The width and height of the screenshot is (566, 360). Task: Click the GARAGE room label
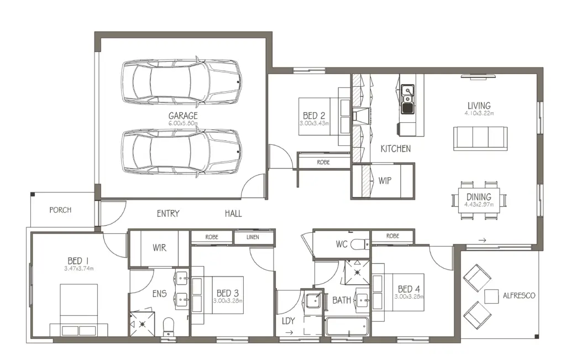183,116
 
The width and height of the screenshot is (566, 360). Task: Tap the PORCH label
60,210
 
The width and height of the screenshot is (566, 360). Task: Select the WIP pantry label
385,180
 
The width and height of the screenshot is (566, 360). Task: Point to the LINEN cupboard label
253,237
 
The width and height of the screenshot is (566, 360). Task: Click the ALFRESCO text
519,296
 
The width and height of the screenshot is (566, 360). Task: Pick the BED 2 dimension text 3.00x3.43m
314,123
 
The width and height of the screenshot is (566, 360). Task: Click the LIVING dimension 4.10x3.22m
479,113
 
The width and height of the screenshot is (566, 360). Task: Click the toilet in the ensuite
169,326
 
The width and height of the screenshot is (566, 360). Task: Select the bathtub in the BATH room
347,326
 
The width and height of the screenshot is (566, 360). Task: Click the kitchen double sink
407,99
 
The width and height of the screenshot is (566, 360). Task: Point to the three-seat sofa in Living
480,138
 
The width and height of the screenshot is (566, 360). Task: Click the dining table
479,200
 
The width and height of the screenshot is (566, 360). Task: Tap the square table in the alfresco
491,296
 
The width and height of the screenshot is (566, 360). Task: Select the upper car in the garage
181,82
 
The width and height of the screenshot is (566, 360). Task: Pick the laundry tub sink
313,300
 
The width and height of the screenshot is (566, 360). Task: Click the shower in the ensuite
142,324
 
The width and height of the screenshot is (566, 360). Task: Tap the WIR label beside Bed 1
159,248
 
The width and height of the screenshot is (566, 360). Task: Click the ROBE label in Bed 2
323,163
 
